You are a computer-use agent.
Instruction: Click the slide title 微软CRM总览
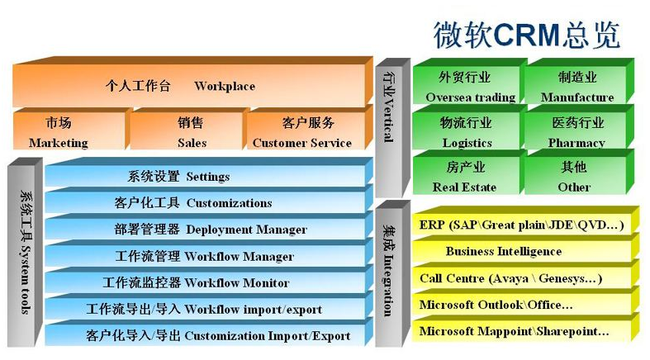click(x=526, y=35)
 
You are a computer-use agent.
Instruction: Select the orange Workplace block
click(x=192, y=82)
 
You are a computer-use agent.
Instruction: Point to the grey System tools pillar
click(x=25, y=253)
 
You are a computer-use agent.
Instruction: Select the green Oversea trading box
click(x=470, y=82)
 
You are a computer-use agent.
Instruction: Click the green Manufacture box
click(x=580, y=82)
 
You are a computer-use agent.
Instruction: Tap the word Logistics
click(x=467, y=143)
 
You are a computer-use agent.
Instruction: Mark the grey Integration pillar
click(x=392, y=274)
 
